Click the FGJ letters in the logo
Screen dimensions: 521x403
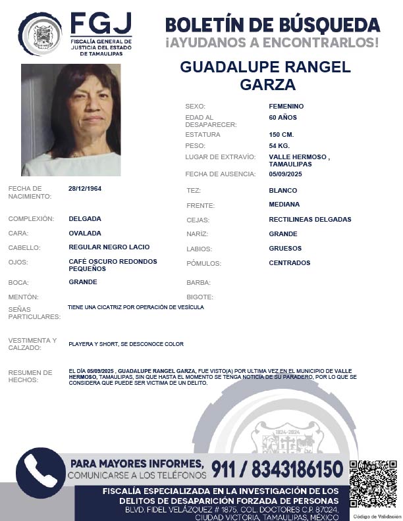[x=101, y=25]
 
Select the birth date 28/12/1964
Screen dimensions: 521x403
[x=85, y=188]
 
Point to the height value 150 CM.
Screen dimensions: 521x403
[x=282, y=134]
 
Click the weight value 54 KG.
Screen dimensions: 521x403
[x=280, y=145]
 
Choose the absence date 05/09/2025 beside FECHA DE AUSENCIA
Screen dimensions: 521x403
[x=286, y=174]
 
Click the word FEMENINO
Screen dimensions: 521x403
[x=286, y=106]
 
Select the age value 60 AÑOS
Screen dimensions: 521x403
[x=283, y=117]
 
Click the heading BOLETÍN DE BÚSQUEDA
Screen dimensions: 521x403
[x=273, y=25]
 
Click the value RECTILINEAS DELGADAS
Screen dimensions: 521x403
[x=310, y=219]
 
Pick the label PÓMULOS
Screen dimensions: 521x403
[x=203, y=264]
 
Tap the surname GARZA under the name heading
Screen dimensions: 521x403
[x=267, y=85]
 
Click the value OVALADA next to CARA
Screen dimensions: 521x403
[x=85, y=233]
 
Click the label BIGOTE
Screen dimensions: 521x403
[x=200, y=297]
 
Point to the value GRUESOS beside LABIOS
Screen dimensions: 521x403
[x=285, y=249]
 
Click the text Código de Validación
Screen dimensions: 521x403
[x=373, y=516]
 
